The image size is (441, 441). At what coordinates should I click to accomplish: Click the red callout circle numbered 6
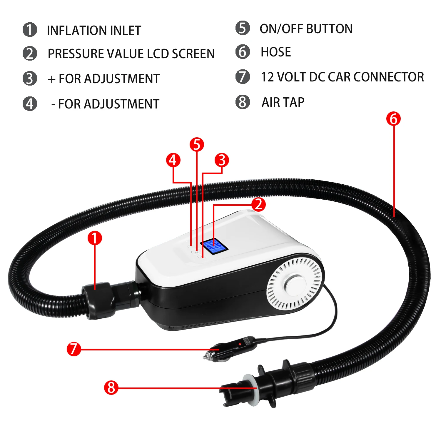(393, 119)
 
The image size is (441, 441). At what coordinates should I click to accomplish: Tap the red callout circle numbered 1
(95, 238)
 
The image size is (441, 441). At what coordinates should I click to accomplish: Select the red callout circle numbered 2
(258, 204)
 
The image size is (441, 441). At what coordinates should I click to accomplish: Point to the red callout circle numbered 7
(73, 349)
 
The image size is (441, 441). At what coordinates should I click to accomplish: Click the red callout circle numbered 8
(111, 387)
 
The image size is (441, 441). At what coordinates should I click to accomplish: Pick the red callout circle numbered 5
(197, 145)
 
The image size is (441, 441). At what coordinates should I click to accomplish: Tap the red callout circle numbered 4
(173, 160)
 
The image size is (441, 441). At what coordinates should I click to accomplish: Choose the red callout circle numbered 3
(222, 160)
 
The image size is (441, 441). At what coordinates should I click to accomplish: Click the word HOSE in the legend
(276, 52)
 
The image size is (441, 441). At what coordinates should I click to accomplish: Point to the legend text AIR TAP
(283, 102)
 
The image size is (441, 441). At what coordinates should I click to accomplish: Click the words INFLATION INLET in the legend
(94, 31)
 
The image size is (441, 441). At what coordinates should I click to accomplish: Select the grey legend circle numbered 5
(243, 28)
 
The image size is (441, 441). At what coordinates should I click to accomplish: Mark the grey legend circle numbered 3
(30, 78)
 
